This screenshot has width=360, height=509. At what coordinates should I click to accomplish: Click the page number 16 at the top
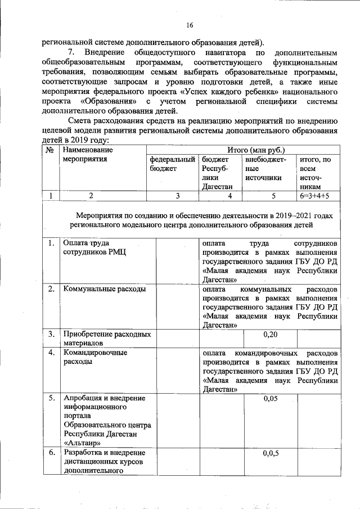pyautogui.click(x=190, y=25)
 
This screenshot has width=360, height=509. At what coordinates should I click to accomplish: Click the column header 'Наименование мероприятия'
pyautogui.click(x=88, y=155)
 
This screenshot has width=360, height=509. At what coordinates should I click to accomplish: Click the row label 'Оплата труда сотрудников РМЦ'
pyautogui.click(x=94, y=248)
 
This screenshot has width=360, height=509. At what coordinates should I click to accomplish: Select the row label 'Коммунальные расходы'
pyautogui.click(x=105, y=289)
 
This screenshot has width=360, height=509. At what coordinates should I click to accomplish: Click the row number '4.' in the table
pyautogui.click(x=51, y=353)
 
